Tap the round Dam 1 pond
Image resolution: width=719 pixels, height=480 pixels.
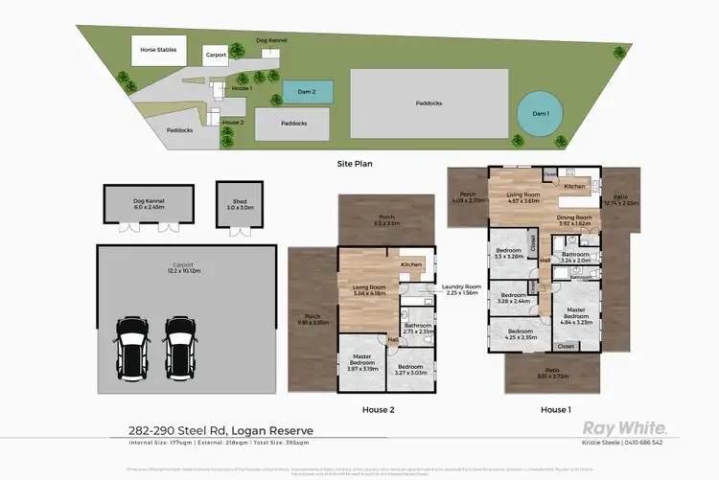click(x=542, y=114)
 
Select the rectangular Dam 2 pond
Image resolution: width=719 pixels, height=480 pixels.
click(x=309, y=92)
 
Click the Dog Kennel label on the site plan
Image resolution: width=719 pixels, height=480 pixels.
click(x=273, y=40)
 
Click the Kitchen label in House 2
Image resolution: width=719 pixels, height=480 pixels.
click(x=410, y=263)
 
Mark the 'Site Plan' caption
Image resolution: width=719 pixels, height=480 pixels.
click(x=357, y=164)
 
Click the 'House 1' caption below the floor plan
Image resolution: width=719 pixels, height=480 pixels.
click(x=555, y=409)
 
